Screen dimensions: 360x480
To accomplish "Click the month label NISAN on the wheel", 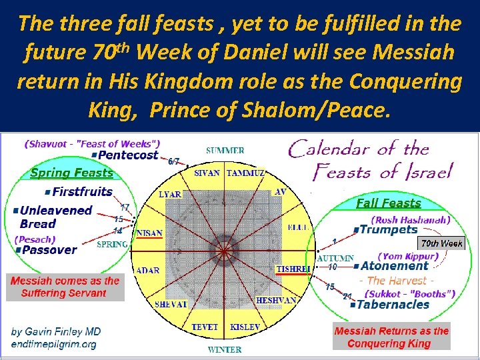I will point(149,234).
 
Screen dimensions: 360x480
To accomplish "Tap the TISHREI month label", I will point(293,269).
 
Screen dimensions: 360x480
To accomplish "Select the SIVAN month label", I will point(207,173).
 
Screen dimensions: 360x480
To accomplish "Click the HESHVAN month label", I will point(276,301).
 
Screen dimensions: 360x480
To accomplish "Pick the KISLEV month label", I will point(245,327).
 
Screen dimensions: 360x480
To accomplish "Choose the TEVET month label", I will point(206,327).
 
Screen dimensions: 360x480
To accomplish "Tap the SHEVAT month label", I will point(172,303).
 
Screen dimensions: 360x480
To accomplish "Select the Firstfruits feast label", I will point(82,192).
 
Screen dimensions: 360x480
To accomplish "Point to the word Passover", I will point(49,250).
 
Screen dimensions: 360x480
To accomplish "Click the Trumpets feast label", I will point(389,230).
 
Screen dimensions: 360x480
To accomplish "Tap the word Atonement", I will point(393,266).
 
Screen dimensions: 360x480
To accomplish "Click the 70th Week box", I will point(441,243).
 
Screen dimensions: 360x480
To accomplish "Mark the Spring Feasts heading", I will point(71,173).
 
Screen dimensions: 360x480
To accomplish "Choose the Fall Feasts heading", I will point(388,203).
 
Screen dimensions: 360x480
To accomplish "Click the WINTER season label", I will point(225,349).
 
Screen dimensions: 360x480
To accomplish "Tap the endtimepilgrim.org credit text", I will point(53,345).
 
